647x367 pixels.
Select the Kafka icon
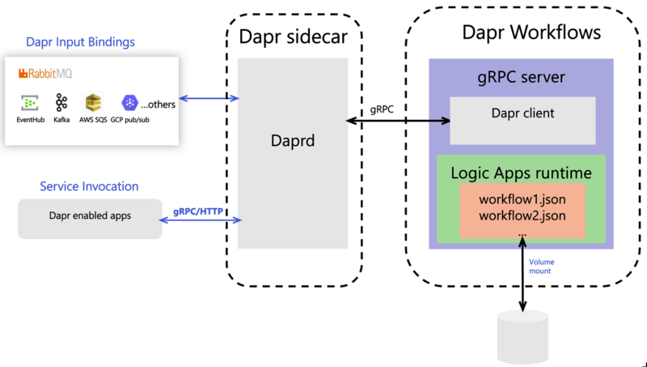pos(61,103)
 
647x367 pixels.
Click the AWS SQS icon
pos(93,103)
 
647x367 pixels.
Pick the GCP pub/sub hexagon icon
pos(129,103)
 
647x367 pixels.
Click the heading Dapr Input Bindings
pos(80,41)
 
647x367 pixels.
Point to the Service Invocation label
pos(89,186)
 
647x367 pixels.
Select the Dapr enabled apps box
pos(90,217)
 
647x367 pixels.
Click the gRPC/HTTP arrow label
pos(199,212)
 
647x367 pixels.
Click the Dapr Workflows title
pos(531,33)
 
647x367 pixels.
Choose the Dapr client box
pos(522,113)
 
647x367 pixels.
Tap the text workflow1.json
pos(522,199)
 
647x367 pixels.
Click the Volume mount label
pos(541,267)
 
